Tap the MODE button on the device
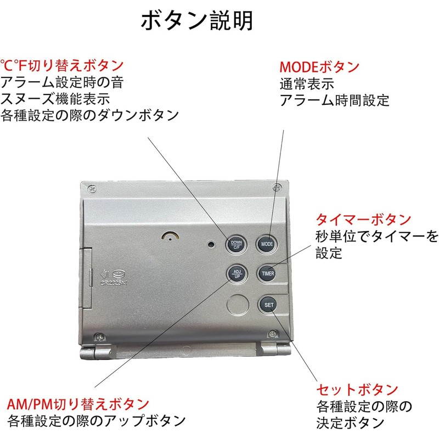pos(267,244)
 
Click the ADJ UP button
pos(237,274)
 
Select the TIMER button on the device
pos(268,273)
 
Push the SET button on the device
pos(268,305)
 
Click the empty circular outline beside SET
pos(238,305)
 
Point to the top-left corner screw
pos(92,189)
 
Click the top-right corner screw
pos(277,187)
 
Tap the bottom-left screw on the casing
pos(100,337)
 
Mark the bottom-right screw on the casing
pos(272,334)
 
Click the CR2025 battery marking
pos(114,283)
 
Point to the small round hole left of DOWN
pos(211,244)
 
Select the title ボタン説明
pos(197,20)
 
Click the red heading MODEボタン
pos(319,67)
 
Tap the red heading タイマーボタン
pos(363,220)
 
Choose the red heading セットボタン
pos(357,390)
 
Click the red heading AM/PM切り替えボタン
pos(78,404)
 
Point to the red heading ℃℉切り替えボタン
pos(62,65)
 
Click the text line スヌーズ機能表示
pos(55,99)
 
